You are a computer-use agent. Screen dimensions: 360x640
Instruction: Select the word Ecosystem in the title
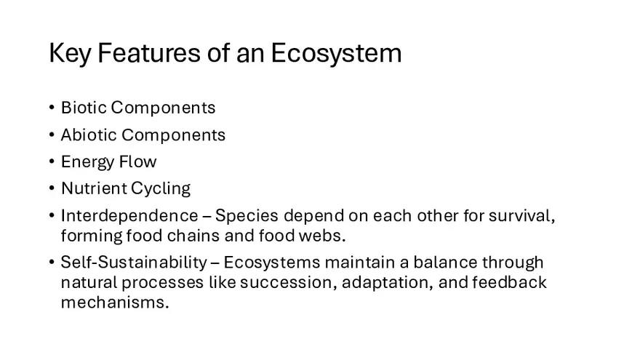tap(335, 54)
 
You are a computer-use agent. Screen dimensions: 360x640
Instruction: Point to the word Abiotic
tap(87, 135)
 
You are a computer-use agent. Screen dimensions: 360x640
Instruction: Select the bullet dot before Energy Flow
tap(52, 161)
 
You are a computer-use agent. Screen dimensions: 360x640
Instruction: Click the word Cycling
tap(160, 188)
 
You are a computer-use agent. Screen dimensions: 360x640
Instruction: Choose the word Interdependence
tap(129, 216)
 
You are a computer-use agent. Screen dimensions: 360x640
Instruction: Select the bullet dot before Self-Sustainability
tap(52, 262)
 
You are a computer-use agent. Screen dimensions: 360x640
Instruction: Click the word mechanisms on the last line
tap(114, 303)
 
